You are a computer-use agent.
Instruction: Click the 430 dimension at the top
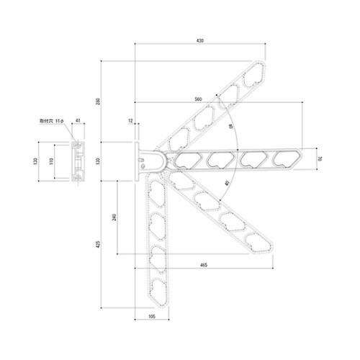pyautogui.click(x=199, y=42)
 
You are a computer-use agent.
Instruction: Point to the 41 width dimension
pyautogui.click(x=78, y=122)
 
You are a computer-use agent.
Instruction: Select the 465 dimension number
pyautogui.click(x=204, y=266)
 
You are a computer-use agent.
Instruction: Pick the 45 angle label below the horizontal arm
pyautogui.click(x=227, y=183)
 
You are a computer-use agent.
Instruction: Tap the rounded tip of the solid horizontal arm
pyautogui.click(x=299, y=159)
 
